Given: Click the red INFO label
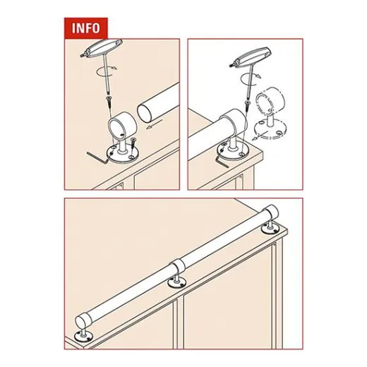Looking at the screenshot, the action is tap(86, 28).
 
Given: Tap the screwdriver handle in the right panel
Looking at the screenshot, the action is tap(251, 57).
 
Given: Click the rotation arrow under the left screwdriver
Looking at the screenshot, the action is tap(106, 71).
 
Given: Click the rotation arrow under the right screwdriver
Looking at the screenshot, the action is tap(251, 78).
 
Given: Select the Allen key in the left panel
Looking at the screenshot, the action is tap(97, 157).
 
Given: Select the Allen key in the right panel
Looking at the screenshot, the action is tap(222, 162).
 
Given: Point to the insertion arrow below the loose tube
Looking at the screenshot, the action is tap(155, 124).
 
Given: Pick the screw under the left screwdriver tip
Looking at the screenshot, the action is tap(109, 101).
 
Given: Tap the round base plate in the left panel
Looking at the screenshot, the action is tap(122, 153).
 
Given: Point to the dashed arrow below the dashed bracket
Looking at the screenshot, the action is tap(259, 136).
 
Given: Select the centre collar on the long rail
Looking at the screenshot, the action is tap(178, 267).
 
